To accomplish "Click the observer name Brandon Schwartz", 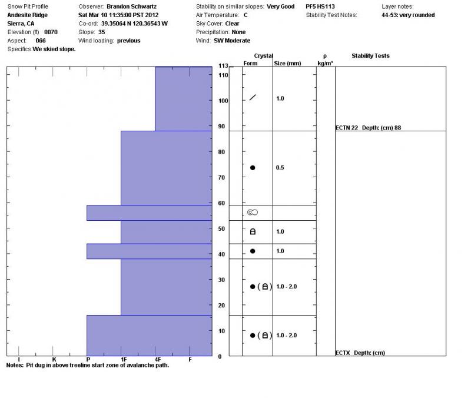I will pyautogui.click(x=131, y=6).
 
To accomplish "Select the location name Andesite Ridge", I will pyautogui.click(x=28, y=15).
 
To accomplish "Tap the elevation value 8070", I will pyautogui.click(x=51, y=32).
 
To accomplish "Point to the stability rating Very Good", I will pyautogui.click(x=280, y=6).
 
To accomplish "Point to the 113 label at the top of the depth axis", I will pyautogui.click(x=223, y=65).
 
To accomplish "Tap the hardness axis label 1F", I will pyautogui.click(x=122, y=359).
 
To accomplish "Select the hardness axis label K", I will pyautogui.click(x=54, y=359).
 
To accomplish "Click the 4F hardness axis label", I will pyautogui.click(x=157, y=359).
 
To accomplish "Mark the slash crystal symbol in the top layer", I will pyautogui.click(x=253, y=97).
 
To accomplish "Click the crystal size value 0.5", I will pyautogui.click(x=280, y=168).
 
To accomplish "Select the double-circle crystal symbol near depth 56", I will pyautogui.click(x=253, y=212).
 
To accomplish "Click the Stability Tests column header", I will pyautogui.click(x=370, y=56).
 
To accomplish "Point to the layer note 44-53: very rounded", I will pyautogui.click(x=408, y=15).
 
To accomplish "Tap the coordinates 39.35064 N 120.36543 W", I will pyautogui.click(x=134, y=24).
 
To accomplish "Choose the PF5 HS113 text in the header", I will pyautogui.click(x=320, y=6).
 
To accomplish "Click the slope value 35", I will pyautogui.click(x=101, y=32).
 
